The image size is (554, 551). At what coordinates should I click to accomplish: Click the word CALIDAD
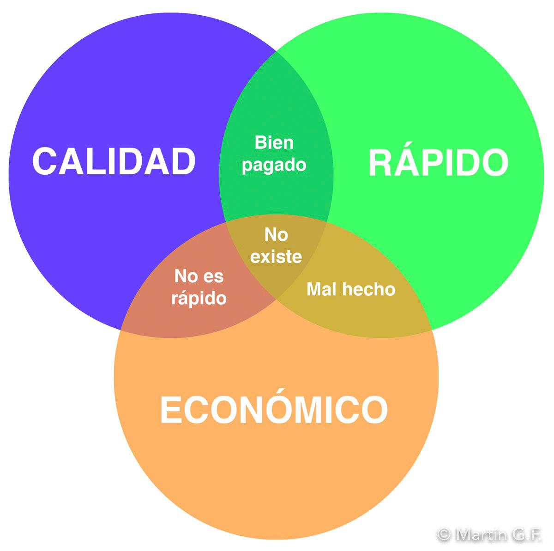[x=114, y=161]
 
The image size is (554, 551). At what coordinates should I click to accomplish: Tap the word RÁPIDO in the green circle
[x=438, y=163]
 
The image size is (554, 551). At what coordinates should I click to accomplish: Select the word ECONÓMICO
[x=274, y=409]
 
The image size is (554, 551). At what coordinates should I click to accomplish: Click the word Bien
[x=274, y=142]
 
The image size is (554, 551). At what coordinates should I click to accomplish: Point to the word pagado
[x=274, y=165]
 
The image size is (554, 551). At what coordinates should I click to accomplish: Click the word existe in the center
[x=276, y=257]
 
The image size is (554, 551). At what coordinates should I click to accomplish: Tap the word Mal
[x=320, y=289]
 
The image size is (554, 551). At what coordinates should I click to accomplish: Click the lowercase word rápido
[x=199, y=299]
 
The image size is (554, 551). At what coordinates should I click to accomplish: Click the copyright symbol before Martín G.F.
[x=444, y=535]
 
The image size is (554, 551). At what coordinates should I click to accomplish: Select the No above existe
[x=276, y=235]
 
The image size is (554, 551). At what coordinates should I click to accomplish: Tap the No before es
[x=186, y=276]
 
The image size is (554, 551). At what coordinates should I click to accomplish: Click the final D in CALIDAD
[x=184, y=161]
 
